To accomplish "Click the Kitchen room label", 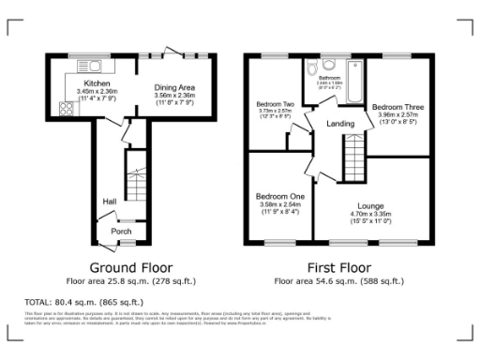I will pos(76,82).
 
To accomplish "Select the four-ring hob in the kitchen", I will pos(67,108).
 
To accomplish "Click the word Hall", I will pos(109,201).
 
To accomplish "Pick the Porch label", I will pos(121,231).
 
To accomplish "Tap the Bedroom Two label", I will pos(276,103).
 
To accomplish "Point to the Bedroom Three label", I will pos(397,108).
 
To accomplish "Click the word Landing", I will pos(339,124).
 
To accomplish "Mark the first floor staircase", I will pos(352,150).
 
